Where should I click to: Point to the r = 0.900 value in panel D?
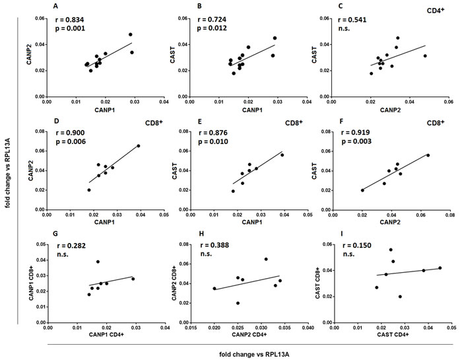pyautogui.click(x=70, y=132)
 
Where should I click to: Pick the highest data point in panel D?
pyautogui.click(x=139, y=145)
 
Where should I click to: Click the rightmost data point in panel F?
pyautogui.click(x=428, y=155)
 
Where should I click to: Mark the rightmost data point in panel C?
pyautogui.click(x=425, y=56)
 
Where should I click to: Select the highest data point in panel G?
pyautogui.click(x=98, y=262)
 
